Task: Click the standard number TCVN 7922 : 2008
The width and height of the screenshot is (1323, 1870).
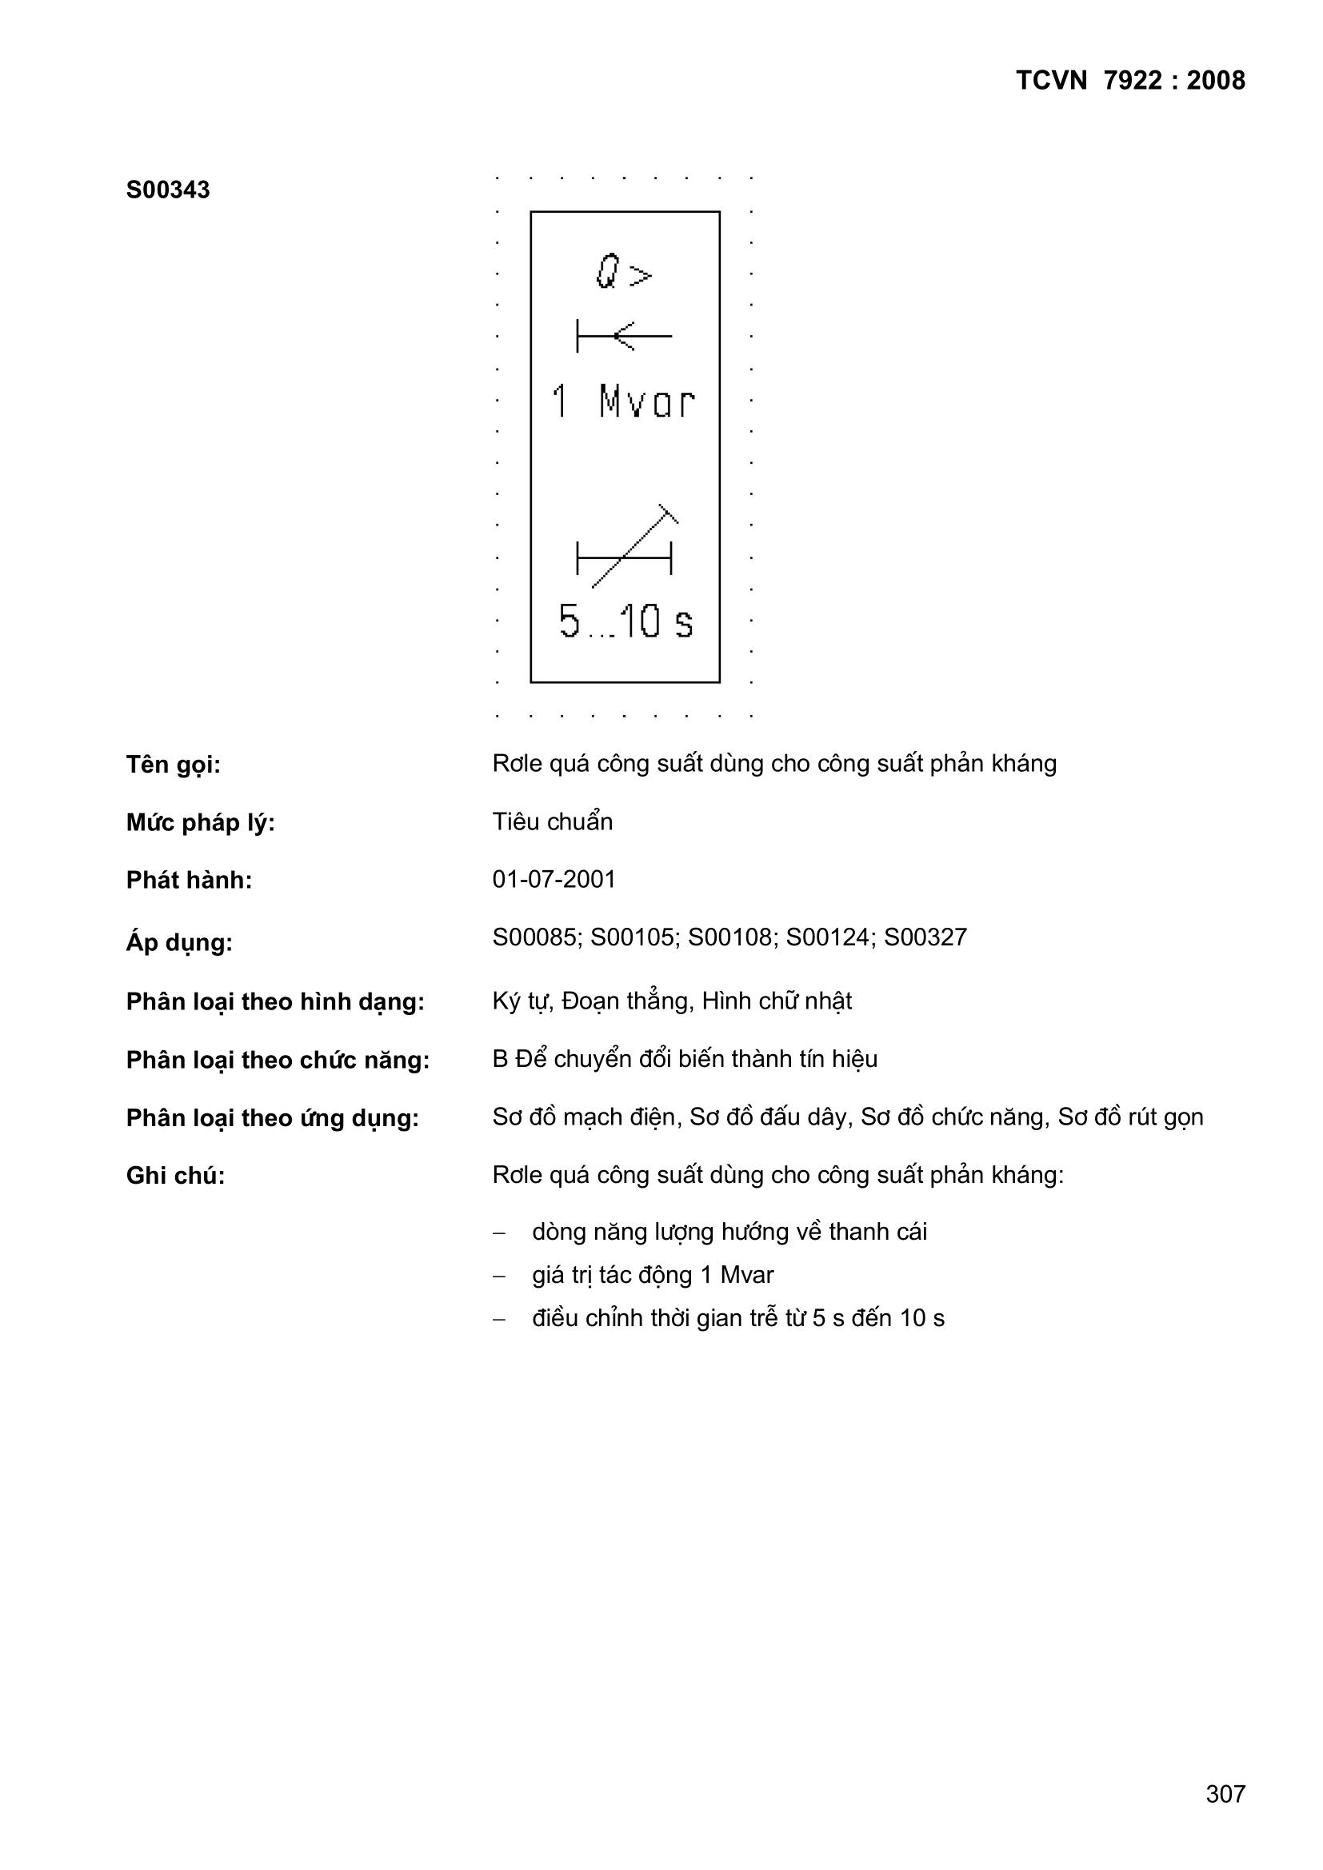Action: [1130, 81]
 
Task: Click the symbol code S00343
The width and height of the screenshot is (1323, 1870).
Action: [168, 190]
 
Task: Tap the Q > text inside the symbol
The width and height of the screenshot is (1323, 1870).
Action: [624, 272]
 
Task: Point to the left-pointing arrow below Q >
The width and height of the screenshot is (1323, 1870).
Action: [624, 336]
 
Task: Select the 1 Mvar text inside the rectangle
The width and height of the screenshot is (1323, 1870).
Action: [623, 402]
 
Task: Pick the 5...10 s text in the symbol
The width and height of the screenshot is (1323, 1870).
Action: [626, 621]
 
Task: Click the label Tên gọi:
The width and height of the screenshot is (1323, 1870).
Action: [174, 765]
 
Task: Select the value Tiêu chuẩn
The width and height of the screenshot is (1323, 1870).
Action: [553, 821]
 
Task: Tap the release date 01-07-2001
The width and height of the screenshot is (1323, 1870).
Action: [554, 880]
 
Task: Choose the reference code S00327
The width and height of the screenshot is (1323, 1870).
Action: [925, 937]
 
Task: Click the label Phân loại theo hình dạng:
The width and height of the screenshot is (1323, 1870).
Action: [275, 1001]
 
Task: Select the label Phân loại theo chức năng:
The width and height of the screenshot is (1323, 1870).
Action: [278, 1060]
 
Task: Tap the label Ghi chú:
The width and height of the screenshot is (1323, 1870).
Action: [175, 1175]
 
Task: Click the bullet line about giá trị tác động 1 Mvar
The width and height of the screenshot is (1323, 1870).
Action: [653, 1275]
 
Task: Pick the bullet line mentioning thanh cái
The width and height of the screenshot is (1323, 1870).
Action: [729, 1232]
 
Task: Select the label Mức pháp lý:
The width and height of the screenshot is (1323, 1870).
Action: [201, 822]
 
